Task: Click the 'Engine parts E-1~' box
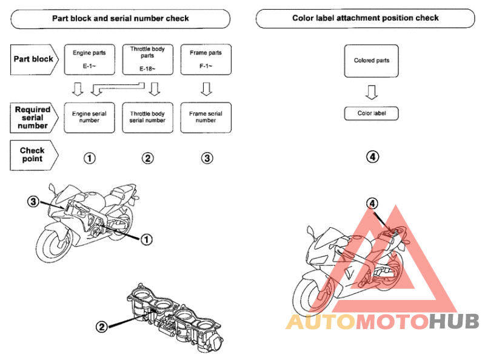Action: pos(89,59)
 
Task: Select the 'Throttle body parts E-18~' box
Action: pos(147,59)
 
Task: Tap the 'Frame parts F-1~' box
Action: pos(206,59)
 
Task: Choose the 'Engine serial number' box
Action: pos(89,118)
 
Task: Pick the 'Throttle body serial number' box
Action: pos(147,118)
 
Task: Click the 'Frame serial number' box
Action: pos(206,118)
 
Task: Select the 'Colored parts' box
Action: pos(371,61)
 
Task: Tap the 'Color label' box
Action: pos(371,113)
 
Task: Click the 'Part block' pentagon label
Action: pos(34,59)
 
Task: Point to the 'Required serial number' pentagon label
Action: pos(34,118)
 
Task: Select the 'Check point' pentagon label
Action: pos(34,155)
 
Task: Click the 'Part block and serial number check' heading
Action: pos(120,19)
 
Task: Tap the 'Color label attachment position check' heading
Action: pos(366,18)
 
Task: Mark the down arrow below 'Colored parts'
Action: pos(372,92)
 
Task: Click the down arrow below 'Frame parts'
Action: pos(206,88)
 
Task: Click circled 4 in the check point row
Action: pos(372,156)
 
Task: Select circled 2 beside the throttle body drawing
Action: pos(101,327)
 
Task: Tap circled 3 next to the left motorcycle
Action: pos(33,202)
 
